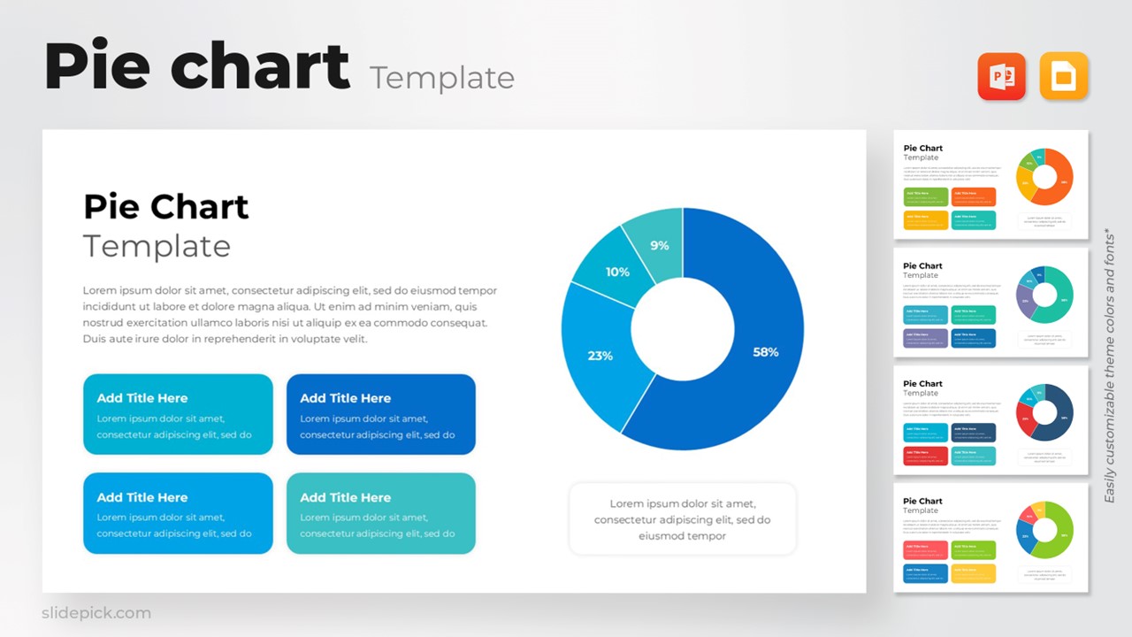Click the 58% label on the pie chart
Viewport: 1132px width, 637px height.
pyautogui.click(x=765, y=352)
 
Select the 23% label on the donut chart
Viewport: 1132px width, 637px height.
pyautogui.click(x=600, y=356)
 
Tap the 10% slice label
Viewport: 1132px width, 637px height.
pyautogui.click(x=617, y=272)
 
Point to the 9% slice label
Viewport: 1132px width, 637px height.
pyautogui.click(x=660, y=245)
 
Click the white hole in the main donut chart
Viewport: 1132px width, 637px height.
pyautogui.click(x=683, y=330)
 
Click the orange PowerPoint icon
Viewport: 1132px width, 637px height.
pyautogui.click(x=1001, y=77)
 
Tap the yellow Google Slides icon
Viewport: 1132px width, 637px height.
pyautogui.click(x=1063, y=77)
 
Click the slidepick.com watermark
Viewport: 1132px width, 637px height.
pyautogui.click(x=96, y=613)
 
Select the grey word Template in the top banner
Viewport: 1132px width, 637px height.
pyautogui.click(x=442, y=78)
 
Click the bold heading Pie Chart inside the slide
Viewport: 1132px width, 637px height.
pyautogui.click(x=165, y=207)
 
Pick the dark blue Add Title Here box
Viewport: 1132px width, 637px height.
pyautogui.click(x=380, y=414)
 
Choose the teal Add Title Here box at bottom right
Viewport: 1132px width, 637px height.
pyautogui.click(x=380, y=513)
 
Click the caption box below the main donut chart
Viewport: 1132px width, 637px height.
pyautogui.click(x=682, y=519)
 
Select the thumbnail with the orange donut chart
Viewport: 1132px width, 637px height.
pyautogui.click(x=990, y=185)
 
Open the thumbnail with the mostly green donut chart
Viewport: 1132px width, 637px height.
pyautogui.click(x=990, y=537)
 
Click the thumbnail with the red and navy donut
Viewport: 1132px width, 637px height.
pyautogui.click(x=990, y=420)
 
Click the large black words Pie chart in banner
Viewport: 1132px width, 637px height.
pyautogui.click(x=196, y=67)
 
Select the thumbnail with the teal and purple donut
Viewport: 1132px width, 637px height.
pyautogui.click(x=990, y=302)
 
